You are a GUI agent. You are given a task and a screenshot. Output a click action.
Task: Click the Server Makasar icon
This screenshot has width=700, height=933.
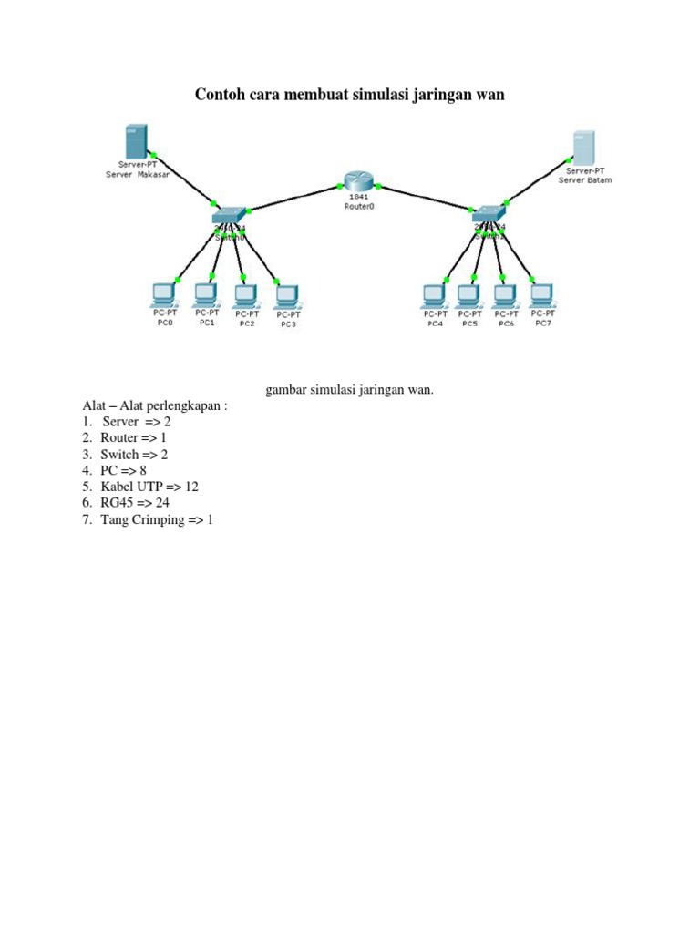coord(136,143)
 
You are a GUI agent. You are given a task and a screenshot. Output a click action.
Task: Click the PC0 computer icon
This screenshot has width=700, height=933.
coord(164,295)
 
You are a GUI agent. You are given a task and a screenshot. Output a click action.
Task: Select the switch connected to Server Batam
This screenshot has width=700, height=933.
coord(488,214)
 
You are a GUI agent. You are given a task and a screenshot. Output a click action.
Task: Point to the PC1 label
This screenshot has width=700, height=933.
coord(207,323)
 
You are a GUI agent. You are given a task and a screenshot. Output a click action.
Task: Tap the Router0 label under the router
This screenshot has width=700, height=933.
coord(359,207)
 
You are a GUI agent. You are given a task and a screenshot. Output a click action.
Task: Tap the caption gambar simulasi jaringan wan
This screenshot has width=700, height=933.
coord(350,390)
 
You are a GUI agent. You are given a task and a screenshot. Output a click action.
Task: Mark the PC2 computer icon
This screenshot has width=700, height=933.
coord(245,295)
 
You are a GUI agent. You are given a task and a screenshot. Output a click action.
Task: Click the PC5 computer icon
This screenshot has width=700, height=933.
coord(468,296)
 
